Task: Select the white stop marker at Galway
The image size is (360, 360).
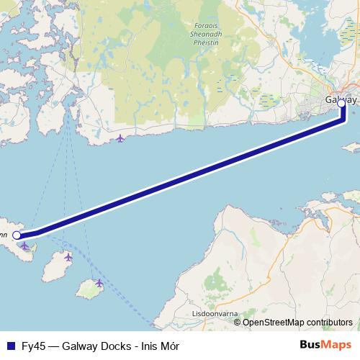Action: [x=341, y=103]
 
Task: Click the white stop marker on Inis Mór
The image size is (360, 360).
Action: [x=17, y=235]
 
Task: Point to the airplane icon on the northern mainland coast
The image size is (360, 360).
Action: [x=120, y=138]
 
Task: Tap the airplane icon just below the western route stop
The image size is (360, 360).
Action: [x=25, y=246]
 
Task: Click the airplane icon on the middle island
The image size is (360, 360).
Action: [x=68, y=257]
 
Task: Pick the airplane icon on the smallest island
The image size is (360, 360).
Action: [x=99, y=283]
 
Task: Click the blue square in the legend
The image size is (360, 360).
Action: [x=9, y=346]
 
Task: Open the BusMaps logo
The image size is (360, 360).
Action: [x=325, y=345]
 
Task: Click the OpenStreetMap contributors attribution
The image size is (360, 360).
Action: [x=297, y=322]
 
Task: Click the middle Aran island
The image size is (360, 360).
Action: [x=56, y=269]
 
